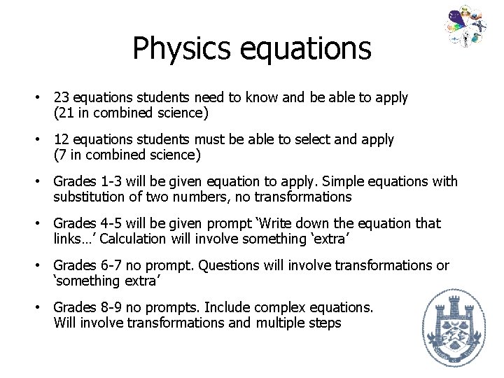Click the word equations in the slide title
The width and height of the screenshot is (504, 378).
point(302,49)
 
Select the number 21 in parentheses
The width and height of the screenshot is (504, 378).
point(66,113)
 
